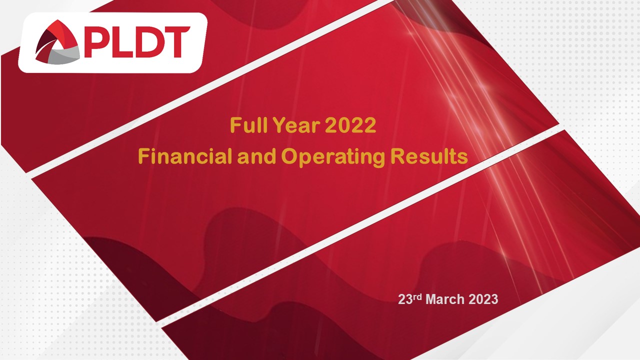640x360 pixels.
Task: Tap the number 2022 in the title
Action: coord(350,125)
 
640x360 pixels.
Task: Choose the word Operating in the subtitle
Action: coord(332,157)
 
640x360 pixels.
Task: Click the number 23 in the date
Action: coord(404,300)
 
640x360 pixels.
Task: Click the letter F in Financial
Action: coord(143,157)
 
